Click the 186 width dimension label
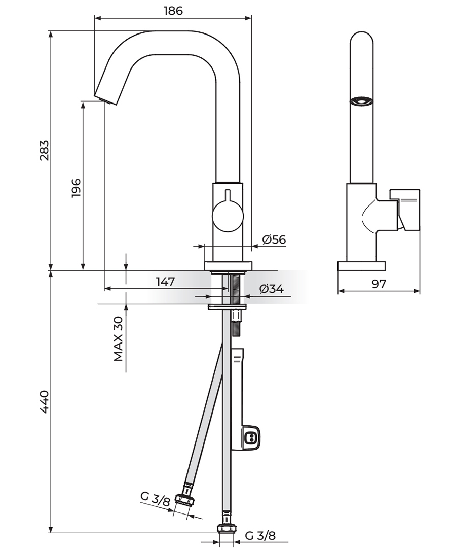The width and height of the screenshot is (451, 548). [x=173, y=11]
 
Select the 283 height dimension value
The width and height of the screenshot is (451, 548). [x=44, y=150]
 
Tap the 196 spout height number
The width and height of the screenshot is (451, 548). [x=76, y=188]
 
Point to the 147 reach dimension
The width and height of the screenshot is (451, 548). [x=165, y=281]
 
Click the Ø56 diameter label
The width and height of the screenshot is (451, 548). [x=274, y=239]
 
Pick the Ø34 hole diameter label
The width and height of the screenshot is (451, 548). [x=272, y=289]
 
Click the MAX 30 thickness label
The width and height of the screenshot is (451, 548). [x=119, y=338]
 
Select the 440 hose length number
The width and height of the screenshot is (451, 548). [x=44, y=402]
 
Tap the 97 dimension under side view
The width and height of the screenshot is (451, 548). [x=379, y=284]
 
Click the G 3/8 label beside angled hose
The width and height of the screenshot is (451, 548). [x=155, y=499]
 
